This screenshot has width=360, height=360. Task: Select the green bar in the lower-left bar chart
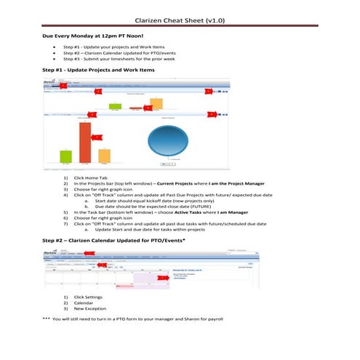(x=65, y=156)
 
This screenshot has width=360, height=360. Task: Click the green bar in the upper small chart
(x=115, y=105)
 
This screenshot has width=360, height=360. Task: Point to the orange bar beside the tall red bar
(x=104, y=156)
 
